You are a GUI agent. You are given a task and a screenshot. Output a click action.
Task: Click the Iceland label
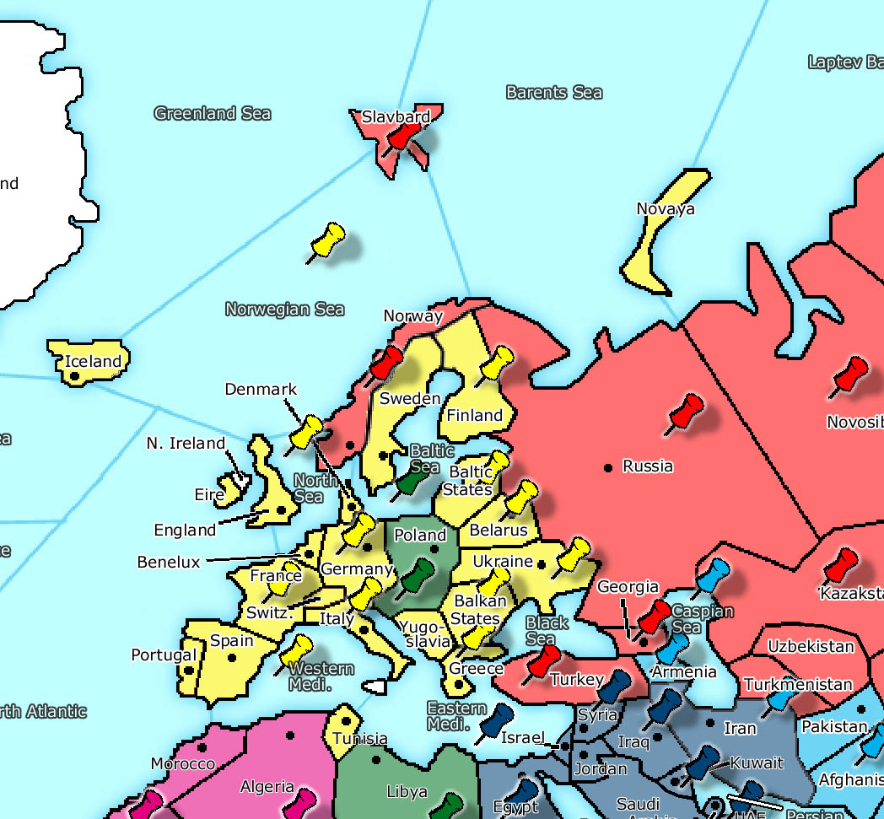click(94, 362)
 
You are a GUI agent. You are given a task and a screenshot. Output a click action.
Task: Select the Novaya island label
click(665, 208)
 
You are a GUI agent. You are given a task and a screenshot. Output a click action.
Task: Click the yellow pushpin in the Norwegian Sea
click(326, 241)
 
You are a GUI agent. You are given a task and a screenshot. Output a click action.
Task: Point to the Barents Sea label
click(554, 92)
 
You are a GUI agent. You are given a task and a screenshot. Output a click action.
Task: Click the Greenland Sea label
click(213, 113)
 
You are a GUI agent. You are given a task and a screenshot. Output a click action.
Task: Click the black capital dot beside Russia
click(607, 466)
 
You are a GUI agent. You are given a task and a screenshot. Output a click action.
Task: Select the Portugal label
click(164, 655)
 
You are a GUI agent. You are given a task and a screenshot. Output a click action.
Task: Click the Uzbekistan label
click(810, 647)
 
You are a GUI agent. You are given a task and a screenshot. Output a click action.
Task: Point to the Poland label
click(420, 535)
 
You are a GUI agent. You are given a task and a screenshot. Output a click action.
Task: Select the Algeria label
click(267, 787)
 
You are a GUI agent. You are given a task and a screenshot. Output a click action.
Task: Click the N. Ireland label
click(186, 443)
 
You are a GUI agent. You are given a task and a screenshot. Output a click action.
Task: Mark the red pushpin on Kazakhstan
click(840, 563)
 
